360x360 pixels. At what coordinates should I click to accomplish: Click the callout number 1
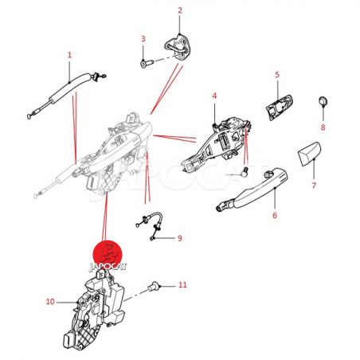(69, 55)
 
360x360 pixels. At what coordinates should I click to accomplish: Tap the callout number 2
(180, 10)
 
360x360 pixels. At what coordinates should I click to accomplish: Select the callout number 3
(143, 39)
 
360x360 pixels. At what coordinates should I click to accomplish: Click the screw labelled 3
(147, 64)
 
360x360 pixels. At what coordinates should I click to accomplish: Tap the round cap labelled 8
(323, 101)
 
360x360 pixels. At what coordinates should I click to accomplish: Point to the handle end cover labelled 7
(310, 154)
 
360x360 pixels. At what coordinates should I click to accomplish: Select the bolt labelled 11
(154, 287)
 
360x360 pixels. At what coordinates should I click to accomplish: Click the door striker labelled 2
(178, 47)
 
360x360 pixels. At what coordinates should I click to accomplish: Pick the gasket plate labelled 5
(280, 107)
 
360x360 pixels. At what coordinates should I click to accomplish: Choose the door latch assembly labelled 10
(94, 310)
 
